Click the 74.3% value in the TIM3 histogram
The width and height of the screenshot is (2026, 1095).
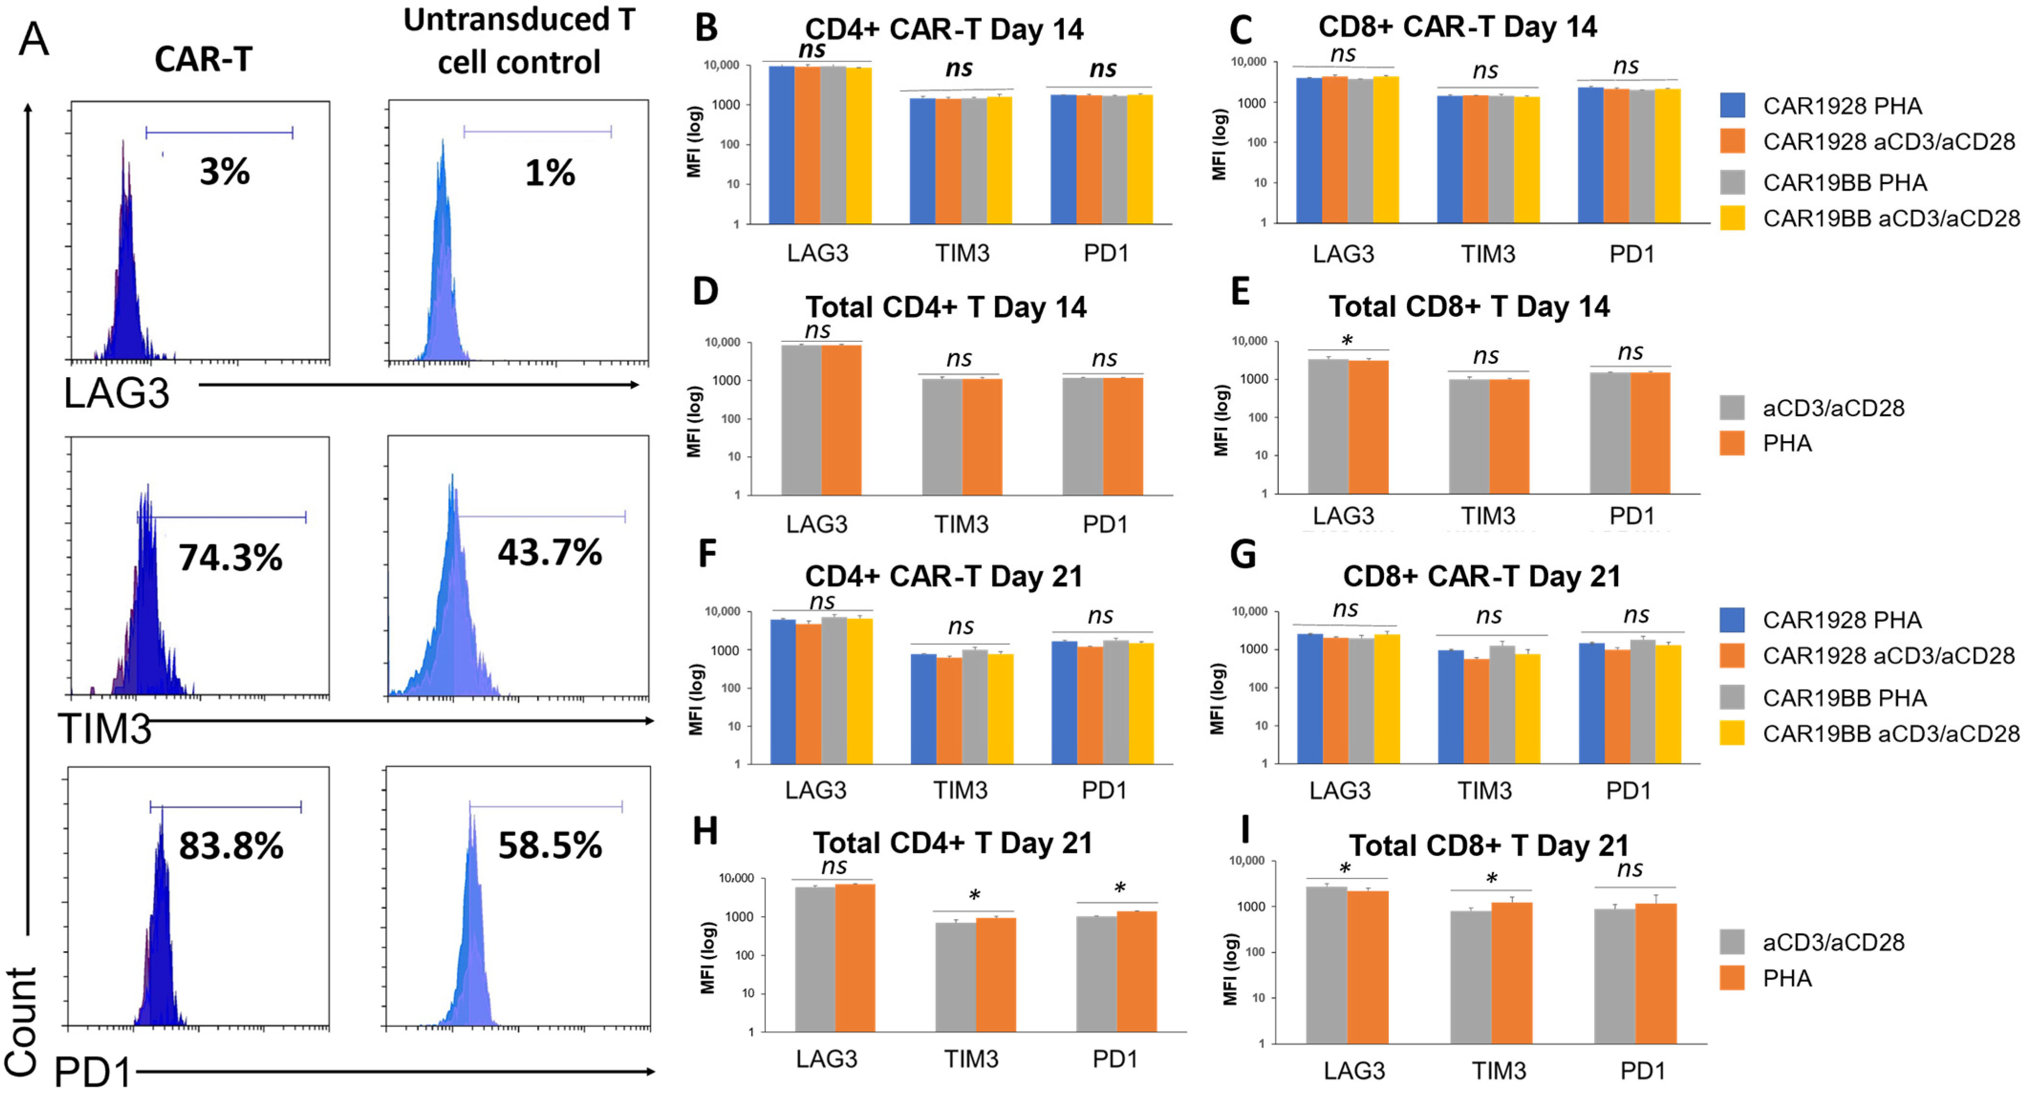pyautogui.click(x=230, y=558)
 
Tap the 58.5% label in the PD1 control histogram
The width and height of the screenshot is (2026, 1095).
pyautogui.click(x=550, y=846)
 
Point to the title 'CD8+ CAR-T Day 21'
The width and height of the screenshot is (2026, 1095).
pyautogui.click(x=1482, y=576)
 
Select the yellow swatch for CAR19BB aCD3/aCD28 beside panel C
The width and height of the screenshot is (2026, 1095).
pyautogui.click(x=1733, y=218)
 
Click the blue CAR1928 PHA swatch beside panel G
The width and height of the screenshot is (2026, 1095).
pyautogui.click(x=1733, y=620)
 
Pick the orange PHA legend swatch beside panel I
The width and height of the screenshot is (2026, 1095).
pyautogui.click(x=1733, y=978)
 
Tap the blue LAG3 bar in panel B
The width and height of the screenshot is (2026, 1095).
pyautogui.click(x=782, y=145)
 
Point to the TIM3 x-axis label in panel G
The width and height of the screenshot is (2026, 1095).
pyautogui.click(x=1485, y=790)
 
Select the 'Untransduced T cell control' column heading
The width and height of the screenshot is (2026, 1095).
pyautogui.click(x=519, y=41)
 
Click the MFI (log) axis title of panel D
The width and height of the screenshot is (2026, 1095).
pyautogui.click(x=694, y=422)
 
